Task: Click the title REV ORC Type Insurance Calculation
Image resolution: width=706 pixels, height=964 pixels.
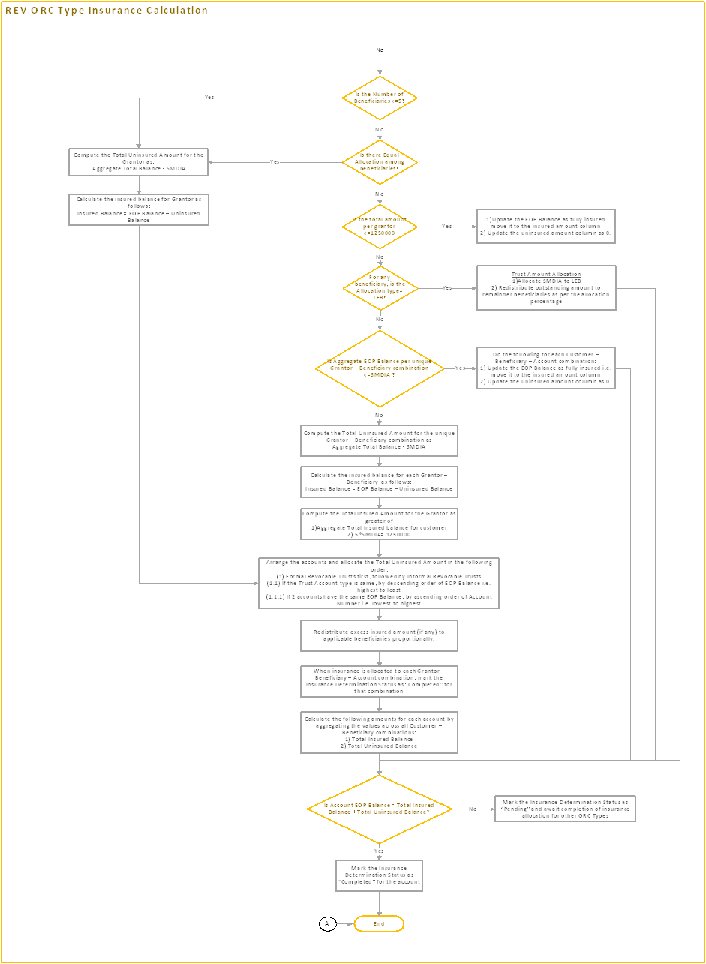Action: (107, 11)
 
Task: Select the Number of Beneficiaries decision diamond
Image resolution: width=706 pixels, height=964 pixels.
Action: (380, 98)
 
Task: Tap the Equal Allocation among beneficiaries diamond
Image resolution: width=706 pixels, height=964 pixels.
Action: (380, 161)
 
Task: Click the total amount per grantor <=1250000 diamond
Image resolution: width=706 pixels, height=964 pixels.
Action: (380, 226)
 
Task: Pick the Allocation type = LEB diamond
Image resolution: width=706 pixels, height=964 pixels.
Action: (380, 288)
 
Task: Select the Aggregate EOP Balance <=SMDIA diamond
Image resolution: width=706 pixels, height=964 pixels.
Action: (380, 368)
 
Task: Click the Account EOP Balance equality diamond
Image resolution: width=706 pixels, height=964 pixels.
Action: (380, 809)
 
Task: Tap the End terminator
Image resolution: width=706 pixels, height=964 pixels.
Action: (380, 923)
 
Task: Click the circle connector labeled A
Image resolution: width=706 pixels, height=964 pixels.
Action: (328, 923)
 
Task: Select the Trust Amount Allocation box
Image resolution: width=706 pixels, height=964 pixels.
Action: (545, 288)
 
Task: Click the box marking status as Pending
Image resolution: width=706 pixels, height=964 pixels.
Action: (565, 809)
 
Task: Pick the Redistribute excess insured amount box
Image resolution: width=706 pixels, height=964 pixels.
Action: (379, 635)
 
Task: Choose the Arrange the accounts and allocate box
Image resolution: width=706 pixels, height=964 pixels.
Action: (379, 582)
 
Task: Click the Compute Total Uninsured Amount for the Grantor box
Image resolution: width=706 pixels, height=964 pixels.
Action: (139, 162)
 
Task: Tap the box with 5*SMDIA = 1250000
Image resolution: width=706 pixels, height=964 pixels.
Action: (379, 524)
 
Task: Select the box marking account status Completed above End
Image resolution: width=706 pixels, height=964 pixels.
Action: (379, 875)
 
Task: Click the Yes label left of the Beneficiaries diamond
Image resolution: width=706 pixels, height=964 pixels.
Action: (209, 98)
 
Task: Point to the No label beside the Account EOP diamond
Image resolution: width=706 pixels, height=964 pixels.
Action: (473, 809)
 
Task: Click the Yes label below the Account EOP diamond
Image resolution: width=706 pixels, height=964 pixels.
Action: (380, 851)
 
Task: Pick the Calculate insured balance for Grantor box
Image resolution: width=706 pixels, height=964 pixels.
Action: (139, 209)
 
